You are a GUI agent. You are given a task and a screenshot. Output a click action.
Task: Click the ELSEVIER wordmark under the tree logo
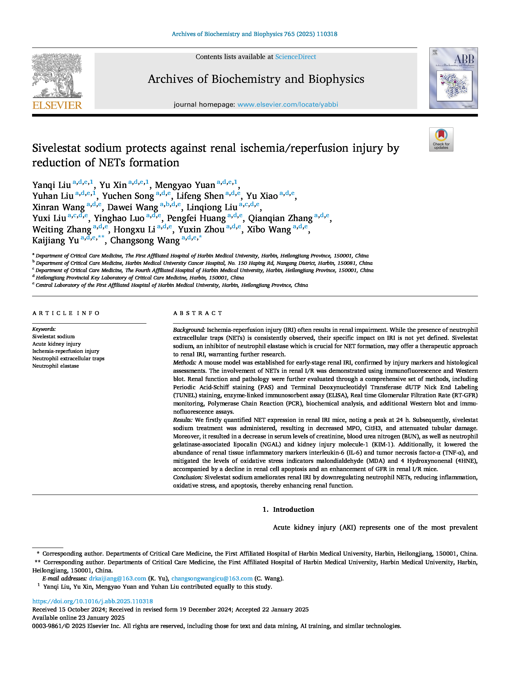tap(57, 105)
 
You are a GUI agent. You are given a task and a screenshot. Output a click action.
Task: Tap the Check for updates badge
tap(441, 139)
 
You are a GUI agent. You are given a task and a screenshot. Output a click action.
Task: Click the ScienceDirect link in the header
tap(296, 57)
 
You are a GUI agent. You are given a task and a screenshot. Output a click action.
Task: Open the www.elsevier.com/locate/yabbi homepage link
tap(288, 104)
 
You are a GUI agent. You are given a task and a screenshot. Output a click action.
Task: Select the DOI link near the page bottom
tap(93, 601)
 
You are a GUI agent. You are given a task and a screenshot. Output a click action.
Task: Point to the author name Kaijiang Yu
tap(56, 240)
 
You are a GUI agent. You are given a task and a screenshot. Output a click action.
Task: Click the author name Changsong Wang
tap(145, 240)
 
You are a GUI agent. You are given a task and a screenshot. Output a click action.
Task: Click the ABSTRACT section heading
tap(198, 313)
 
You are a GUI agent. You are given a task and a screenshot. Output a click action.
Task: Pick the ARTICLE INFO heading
tap(66, 313)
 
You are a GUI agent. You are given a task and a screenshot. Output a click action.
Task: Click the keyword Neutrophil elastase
tap(56, 366)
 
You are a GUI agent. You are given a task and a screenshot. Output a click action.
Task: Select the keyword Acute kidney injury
tap(57, 344)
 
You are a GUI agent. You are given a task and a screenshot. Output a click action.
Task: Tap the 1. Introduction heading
tap(288, 509)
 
